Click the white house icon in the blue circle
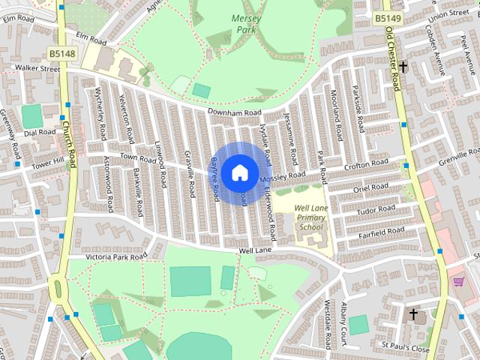[x=239, y=172]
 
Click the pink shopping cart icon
[x=458, y=281]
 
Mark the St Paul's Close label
[x=405, y=349]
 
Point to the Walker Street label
[x=37, y=69]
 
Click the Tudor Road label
[x=376, y=209]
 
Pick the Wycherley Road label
[x=100, y=109]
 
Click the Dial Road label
[x=40, y=133]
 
